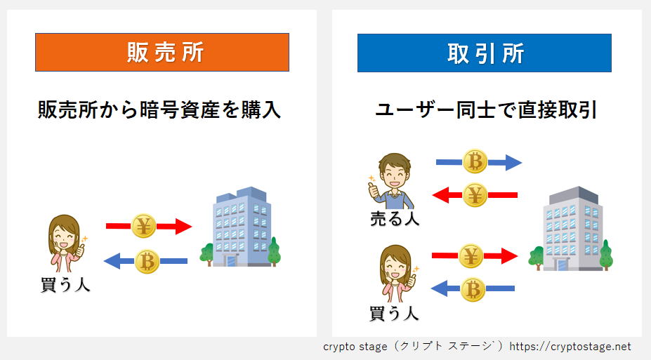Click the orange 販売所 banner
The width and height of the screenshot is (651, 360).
click(162, 52)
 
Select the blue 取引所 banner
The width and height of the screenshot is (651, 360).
click(484, 53)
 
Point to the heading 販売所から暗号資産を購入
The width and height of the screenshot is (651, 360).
click(159, 110)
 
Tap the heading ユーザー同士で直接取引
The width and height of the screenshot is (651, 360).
click(486, 110)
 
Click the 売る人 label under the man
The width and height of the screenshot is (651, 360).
click(395, 218)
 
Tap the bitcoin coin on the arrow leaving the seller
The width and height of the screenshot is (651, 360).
click(475, 161)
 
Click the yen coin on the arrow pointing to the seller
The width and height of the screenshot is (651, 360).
click(475, 194)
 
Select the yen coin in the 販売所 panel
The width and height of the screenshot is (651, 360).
click(144, 226)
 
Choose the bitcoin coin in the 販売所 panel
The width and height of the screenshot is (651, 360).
click(147, 261)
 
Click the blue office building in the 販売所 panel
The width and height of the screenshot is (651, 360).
click(242, 227)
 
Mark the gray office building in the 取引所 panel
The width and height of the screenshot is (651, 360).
click(572, 229)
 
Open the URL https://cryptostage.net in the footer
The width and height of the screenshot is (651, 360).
click(570, 346)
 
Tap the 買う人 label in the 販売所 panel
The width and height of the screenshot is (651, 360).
click(65, 285)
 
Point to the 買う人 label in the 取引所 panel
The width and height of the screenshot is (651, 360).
click(394, 313)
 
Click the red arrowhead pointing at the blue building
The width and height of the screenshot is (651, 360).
click(183, 227)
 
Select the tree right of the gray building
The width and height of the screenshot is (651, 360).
click(606, 255)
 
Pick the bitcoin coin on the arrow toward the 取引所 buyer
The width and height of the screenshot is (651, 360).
click(473, 289)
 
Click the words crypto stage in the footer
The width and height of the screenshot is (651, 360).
click(355, 347)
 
